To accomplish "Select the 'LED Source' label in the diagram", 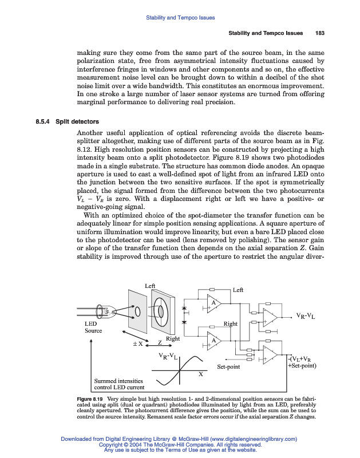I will [93, 327].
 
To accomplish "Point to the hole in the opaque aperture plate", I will [138, 312].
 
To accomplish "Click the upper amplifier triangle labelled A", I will [213, 303].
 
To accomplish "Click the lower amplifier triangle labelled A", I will [213, 341].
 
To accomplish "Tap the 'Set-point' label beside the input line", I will [228, 366].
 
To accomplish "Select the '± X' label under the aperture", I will [138, 343].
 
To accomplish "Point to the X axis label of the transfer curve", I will [200, 374].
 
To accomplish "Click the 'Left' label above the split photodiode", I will [150, 285].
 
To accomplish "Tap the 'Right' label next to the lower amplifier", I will [230, 324].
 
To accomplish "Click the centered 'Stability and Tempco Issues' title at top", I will [180, 18].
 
